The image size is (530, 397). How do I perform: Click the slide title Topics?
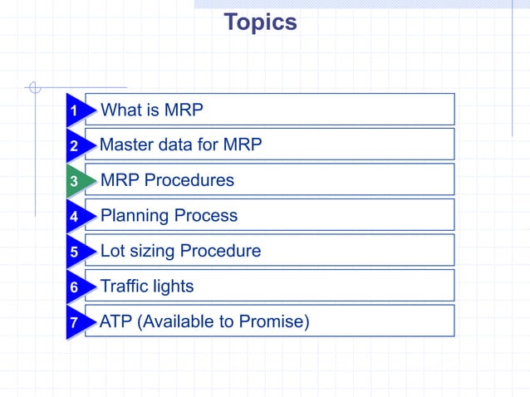[260, 22]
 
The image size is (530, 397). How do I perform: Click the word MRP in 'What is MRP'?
[183, 110]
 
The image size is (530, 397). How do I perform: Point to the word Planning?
[134, 216]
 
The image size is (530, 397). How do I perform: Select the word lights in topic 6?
[172, 287]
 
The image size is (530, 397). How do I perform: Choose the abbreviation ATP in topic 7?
[115, 321]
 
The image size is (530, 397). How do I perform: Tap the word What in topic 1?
[120, 110]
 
